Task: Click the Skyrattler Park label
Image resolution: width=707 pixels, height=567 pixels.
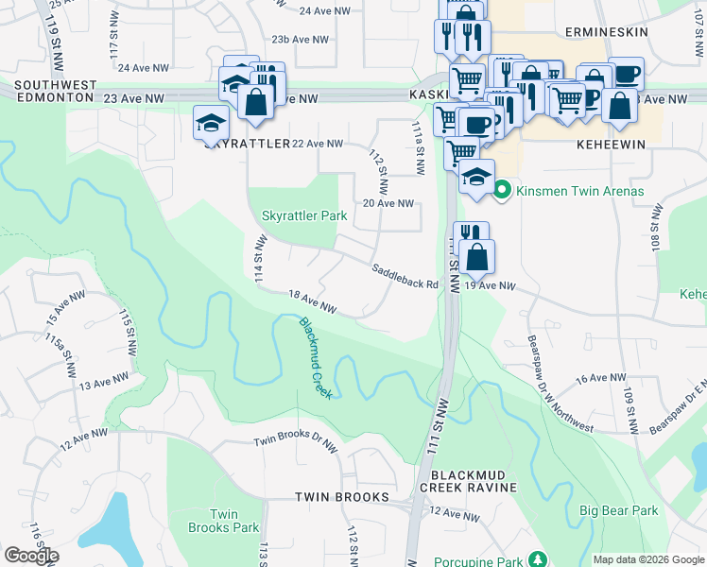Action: (x=303, y=216)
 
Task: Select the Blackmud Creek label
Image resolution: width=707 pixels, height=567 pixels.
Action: (x=316, y=357)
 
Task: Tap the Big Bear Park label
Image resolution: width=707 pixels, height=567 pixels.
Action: (x=618, y=511)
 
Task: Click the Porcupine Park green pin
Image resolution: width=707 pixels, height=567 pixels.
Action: (x=538, y=559)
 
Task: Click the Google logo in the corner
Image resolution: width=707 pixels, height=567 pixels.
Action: (x=31, y=556)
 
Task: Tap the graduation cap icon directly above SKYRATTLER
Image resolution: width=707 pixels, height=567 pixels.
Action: (x=212, y=122)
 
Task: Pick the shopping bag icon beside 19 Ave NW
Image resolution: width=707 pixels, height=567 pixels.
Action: (x=480, y=256)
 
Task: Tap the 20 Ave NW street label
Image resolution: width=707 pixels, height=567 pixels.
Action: (x=388, y=203)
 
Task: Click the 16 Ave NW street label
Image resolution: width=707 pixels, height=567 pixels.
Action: (x=601, y=378)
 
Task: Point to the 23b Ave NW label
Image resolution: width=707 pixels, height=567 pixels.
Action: (x=300, y=40)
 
